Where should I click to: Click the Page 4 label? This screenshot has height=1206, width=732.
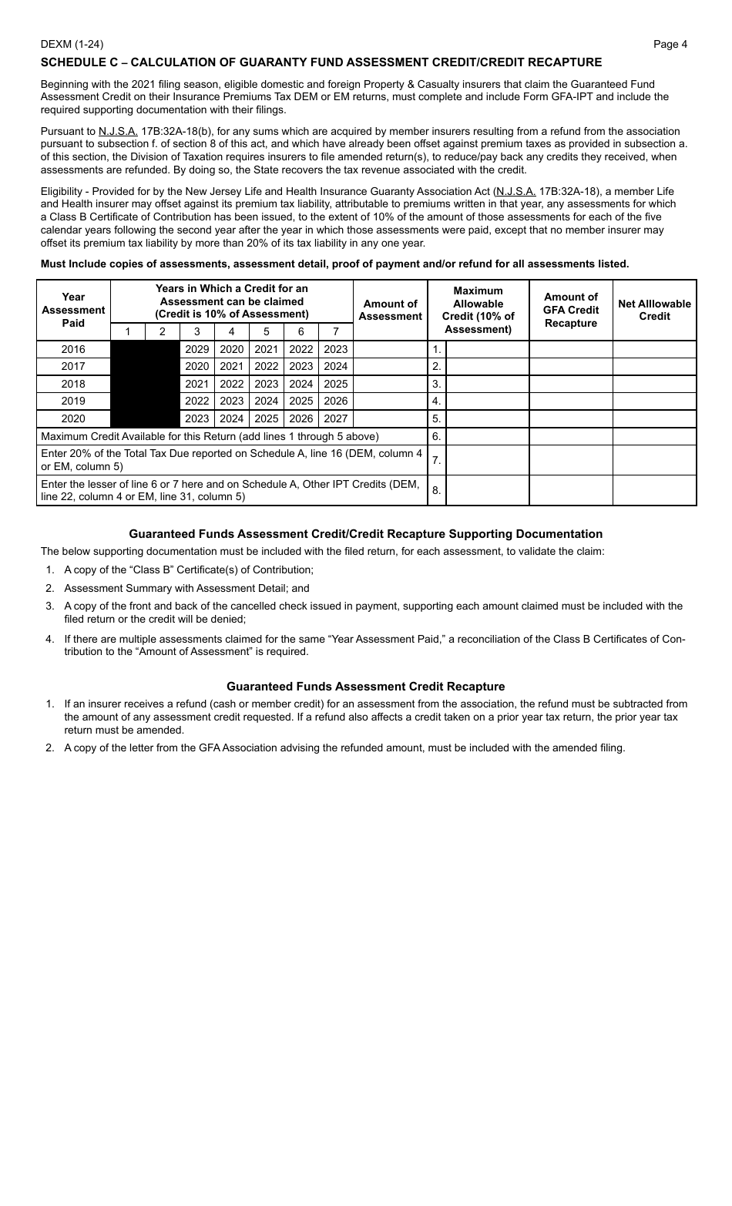(670, 44)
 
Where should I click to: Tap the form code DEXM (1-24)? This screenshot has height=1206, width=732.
(72, 44)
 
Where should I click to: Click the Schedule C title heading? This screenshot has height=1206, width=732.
(321, 62)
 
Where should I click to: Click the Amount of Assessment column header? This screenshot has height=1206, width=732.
(390, 310)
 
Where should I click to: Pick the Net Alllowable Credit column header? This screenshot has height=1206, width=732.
(654, 310)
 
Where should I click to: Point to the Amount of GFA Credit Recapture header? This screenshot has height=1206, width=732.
(571, 310)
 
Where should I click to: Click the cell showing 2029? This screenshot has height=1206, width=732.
(197, 349)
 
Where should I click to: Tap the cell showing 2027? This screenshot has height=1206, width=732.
(336, 418)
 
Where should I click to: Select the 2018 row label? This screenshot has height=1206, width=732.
(73, 384)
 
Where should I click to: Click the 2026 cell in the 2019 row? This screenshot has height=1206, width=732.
(336, 401)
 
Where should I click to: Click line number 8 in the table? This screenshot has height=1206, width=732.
(437, 490)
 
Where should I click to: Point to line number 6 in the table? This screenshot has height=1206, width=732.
(437, 436)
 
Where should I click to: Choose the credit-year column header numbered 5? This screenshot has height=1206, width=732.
(267, 331)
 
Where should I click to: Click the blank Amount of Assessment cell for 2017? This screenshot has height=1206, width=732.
(390, 366)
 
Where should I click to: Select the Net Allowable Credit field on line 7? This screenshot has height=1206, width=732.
(654, 460)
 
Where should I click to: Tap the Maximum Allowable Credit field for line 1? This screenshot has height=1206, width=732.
(487, 349)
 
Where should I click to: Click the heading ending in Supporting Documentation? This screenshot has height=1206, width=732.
(365, 534)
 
